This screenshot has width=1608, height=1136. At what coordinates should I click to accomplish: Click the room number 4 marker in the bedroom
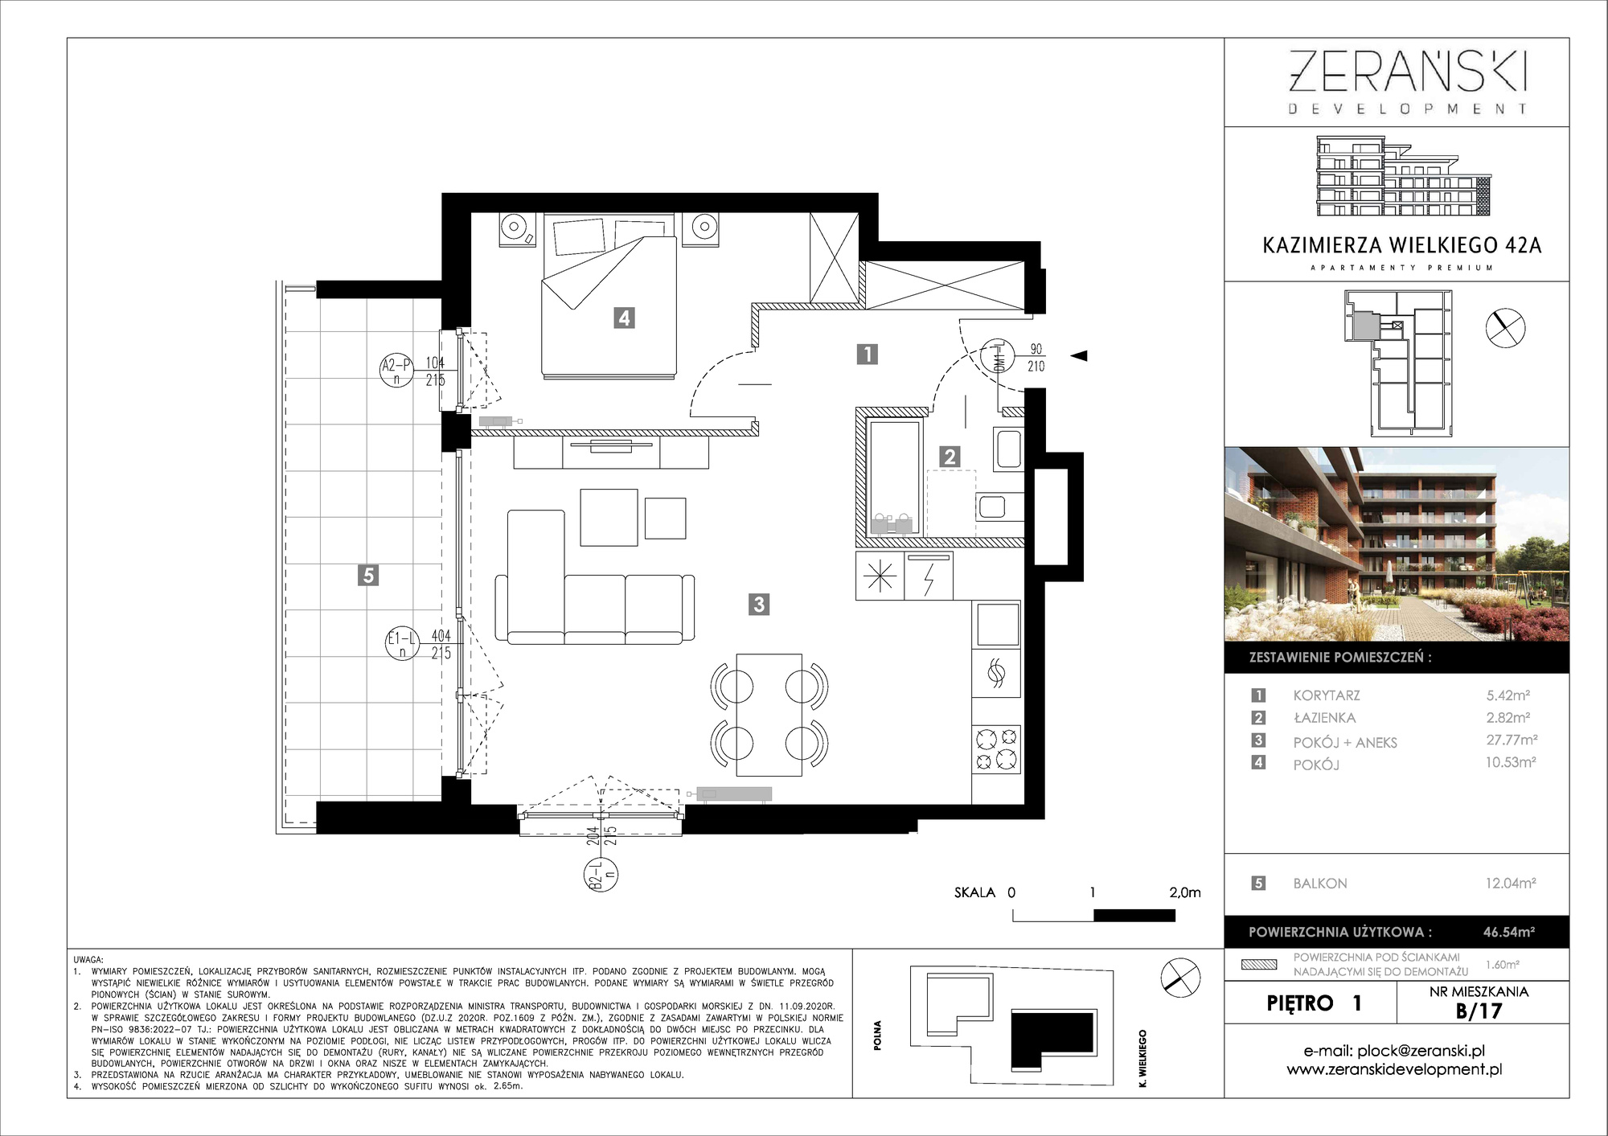tap(624, 318)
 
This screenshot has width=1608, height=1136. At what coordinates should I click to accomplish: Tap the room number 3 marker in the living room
tap(759, 604)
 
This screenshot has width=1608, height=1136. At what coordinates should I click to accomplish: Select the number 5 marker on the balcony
tap(368, 575)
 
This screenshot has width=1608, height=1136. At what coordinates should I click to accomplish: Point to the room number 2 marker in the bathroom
tap(950, 457)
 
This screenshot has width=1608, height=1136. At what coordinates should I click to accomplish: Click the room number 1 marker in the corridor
tap(867, 354)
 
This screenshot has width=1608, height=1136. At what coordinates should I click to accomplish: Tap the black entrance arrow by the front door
tap(1078, 355)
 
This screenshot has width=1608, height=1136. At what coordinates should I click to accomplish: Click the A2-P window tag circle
tap(396, 370)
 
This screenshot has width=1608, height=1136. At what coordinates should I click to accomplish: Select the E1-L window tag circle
tap(402, 643)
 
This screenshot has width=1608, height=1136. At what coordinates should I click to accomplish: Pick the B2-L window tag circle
tap(601, 876)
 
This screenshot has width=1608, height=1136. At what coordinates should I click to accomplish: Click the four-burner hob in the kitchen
tap(996, 748)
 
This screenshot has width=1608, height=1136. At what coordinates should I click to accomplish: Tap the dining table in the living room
tap(769, 715)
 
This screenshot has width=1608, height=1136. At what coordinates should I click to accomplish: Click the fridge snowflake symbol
tap(880, 576)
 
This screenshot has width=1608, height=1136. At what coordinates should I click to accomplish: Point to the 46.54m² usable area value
tap(1509, 932)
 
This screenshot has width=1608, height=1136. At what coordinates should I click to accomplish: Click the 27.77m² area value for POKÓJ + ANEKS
tap(1512, 740)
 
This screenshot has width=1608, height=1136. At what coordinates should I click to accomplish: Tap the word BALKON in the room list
tap(1320, 884)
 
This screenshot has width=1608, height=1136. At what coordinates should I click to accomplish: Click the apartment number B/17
tap(1479, 1011)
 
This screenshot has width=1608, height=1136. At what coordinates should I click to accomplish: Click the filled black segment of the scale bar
tap(1134, 915)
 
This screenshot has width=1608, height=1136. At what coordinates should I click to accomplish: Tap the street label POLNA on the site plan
tap(877, 1035)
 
